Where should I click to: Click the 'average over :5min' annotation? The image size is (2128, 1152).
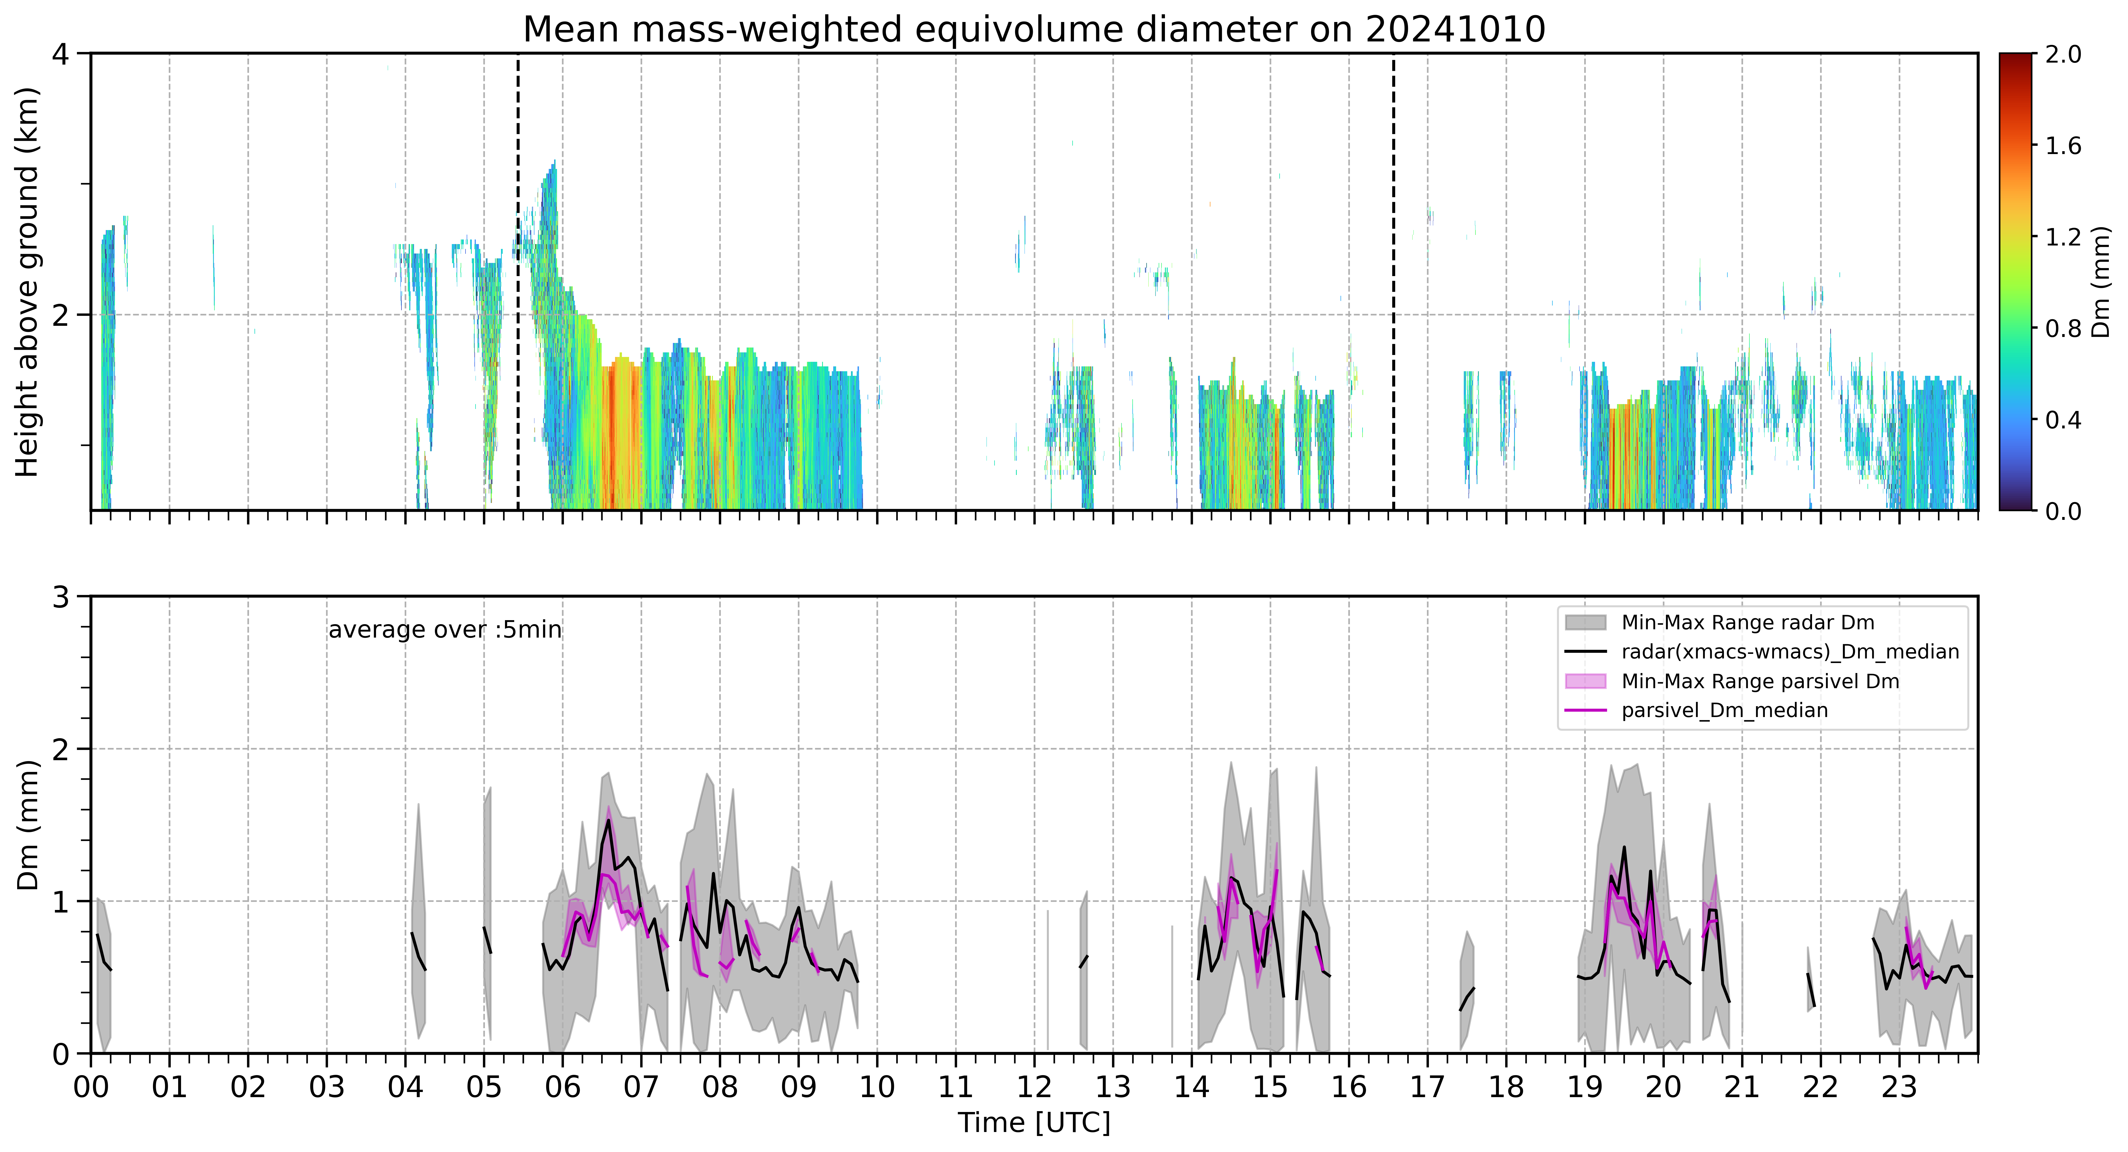pos(444,630)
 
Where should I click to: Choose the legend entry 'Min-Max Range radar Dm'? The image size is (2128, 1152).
pos(1747,623)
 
